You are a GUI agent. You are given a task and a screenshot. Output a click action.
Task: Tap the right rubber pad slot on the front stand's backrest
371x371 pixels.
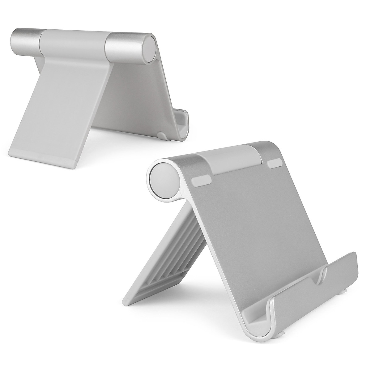tap(277, 164)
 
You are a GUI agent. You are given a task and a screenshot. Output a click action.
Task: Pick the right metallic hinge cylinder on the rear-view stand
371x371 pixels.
tap(124, 46)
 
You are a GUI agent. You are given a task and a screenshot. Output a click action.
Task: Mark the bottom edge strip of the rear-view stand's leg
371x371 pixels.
tap(43, 162)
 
